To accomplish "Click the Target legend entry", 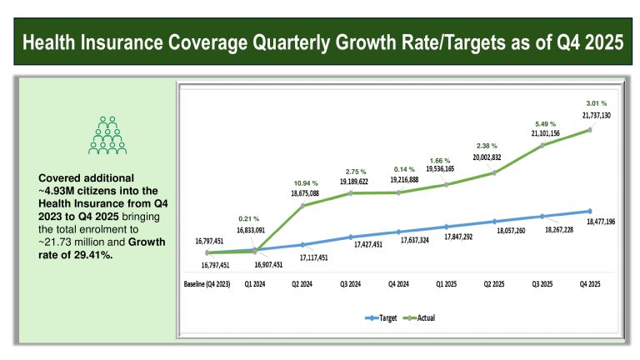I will click(381, 317).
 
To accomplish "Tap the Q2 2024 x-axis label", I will click(302, 284).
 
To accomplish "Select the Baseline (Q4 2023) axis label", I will click(210, 284).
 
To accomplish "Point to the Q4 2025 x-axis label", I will click(591, 284).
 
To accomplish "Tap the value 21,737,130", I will click(593, 115).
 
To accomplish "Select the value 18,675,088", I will click(306, 192).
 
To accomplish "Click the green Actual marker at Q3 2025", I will click(543, 145).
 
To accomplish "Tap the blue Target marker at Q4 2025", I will click(590, 211).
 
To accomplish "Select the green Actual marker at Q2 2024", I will click(302, 205).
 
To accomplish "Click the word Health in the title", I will click(59, 44).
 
